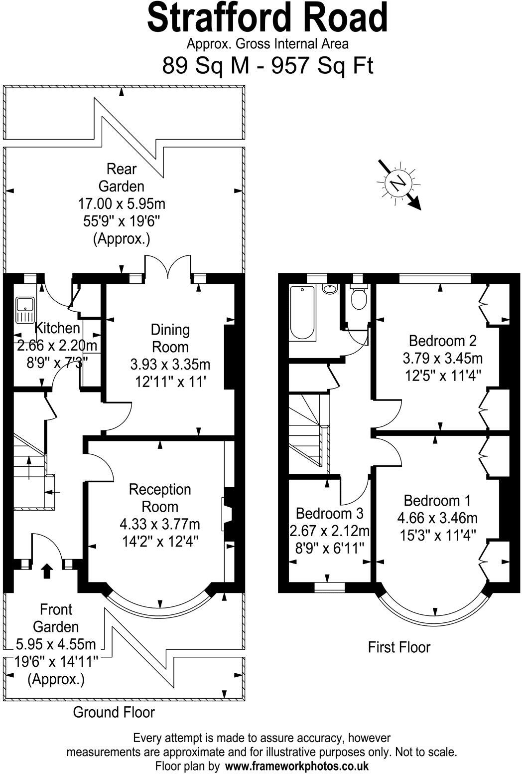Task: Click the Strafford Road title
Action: click(267, 18)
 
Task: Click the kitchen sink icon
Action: click(24, 310)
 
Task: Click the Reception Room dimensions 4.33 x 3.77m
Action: click(160, 524)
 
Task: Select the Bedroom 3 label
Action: click(329, 513)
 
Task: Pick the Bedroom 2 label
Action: click(442, 341)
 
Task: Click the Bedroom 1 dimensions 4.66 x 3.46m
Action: click(437, 518)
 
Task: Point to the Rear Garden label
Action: click(122, 178)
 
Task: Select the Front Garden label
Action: click(56, 618)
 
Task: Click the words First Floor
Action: click(399, 647)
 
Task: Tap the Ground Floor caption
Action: click(114, 712)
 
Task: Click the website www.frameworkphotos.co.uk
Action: click(297, 766)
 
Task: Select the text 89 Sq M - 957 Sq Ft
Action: click(267, 65)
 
